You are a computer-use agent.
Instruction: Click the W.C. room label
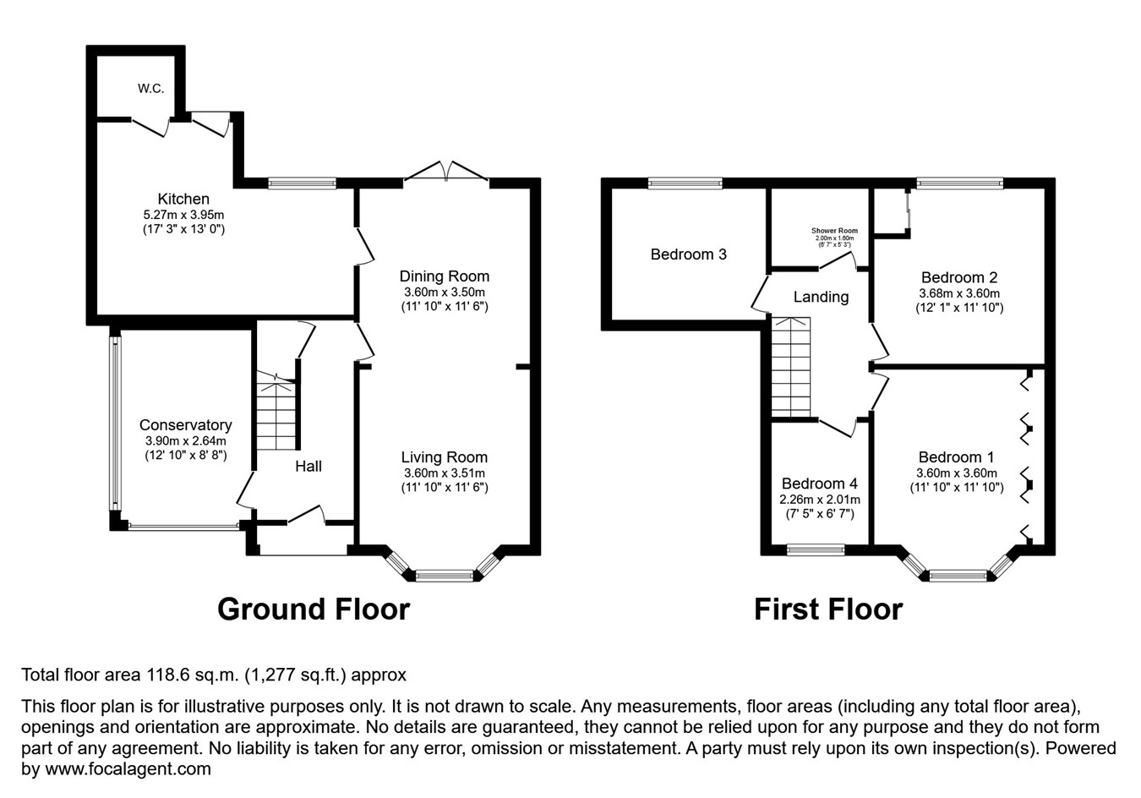tap(151, 88)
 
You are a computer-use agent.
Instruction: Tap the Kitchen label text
tap(183, 199)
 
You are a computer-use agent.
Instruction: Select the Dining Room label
tap(444, 276)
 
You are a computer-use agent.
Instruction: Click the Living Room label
tap(444, 457)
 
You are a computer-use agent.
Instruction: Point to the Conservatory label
tap(185, 425)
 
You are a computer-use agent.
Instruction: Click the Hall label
tap(308, 466)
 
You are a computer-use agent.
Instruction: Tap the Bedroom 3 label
tap(688, 254)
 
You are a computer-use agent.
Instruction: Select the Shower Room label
tap(834, 231)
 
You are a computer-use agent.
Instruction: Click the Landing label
tap(821, 297)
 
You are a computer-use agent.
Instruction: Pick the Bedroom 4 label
tap(819, 484)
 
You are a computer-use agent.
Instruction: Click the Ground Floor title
tap(314, 609)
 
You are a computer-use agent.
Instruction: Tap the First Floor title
tap(828, 609)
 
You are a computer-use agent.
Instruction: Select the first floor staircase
tap(791, 368)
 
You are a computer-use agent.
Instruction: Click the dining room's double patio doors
tap(447, 172)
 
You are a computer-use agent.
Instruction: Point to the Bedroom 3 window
tap(685, 182)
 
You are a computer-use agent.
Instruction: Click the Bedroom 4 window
tap(816, 550)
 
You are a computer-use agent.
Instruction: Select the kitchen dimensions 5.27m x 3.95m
tap(183, 215)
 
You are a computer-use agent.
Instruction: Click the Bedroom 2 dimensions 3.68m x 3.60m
tap(958, 293)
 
